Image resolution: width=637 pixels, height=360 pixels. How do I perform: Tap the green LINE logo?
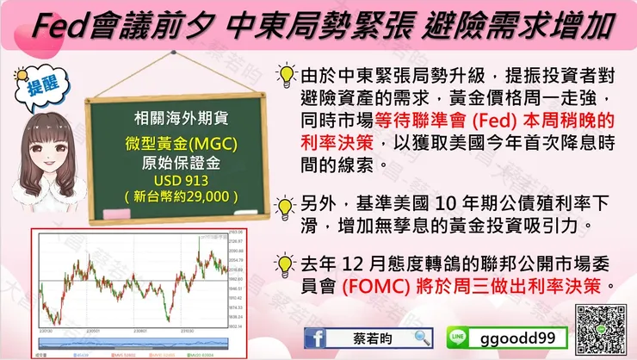point(461,338)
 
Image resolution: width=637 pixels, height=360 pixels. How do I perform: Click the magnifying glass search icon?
point(422,337)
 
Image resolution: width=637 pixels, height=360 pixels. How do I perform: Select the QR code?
point(600,325)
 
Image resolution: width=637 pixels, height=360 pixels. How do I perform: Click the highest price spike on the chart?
point(198,235)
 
